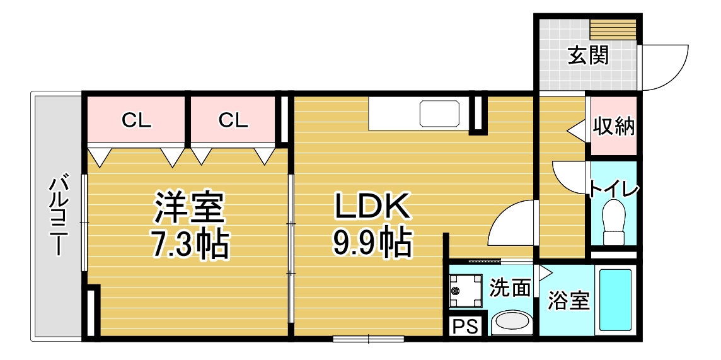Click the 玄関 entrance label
pyautogui.click(x=588, y=55)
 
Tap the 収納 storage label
pyautogui.click(x=613, y=126)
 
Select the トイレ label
pyautogui.click(x=613, y=189)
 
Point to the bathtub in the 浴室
pyautogui.click(x=616, y=301)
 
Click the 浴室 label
pyautogui.click(x=568, y=301)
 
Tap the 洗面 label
pyautogui.click(x=510, y=287)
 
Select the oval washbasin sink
pyautogui.click(x=511, y=322)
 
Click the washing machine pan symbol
pyautogui.click(x=466, y=291)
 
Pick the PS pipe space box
pyautogui.click(x=466, y=327)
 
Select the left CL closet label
pyautogui.click(x=137, y=120)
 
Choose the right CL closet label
pyautogui.click(x=233, y=120)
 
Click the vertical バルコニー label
pyautogui.click(x=57, y=215)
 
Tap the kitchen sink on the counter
pyautogui.click(x=439, y=113)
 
